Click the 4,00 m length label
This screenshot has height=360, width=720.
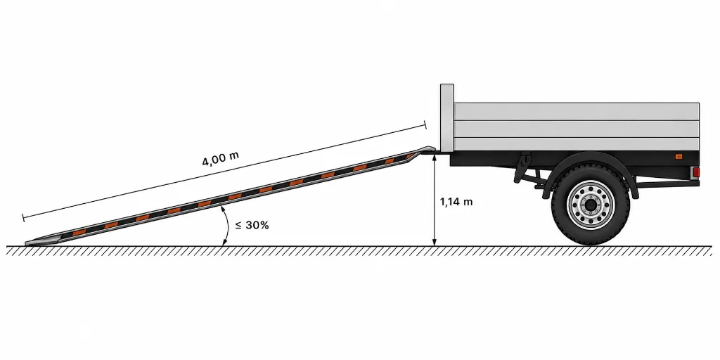tap(220, 158)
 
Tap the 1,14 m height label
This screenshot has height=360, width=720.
tap(456, 202)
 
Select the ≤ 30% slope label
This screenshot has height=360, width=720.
tap(252, 226)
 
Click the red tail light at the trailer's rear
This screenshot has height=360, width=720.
tap(695, 172)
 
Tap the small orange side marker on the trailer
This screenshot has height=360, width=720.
tap(679, 157)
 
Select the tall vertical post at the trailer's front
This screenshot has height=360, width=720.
tap(446, 117)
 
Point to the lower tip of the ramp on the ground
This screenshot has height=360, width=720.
tap(27, 243)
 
